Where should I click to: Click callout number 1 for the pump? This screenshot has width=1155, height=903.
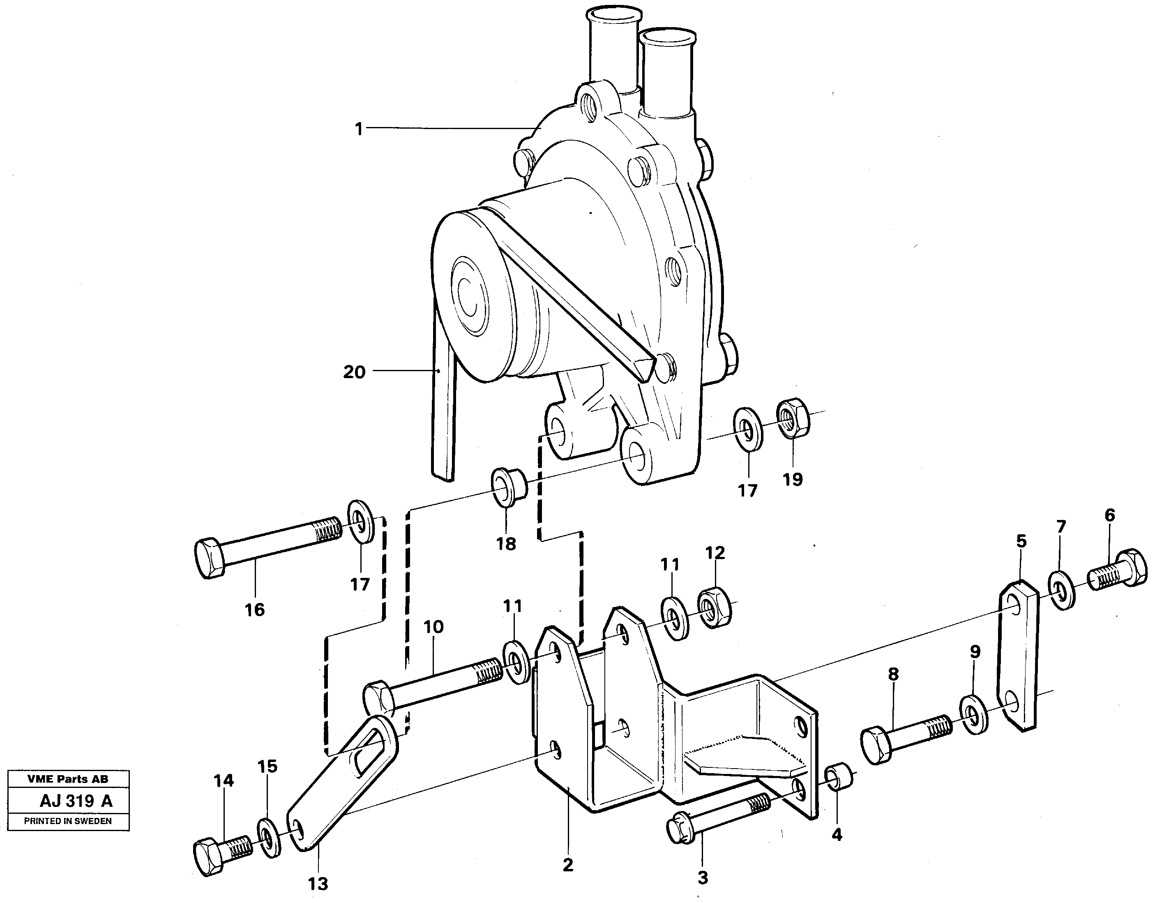(359, 129)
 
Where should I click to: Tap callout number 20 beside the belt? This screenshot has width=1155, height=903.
(354, 372)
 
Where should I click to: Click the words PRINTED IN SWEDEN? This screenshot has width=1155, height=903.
(68, 821)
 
